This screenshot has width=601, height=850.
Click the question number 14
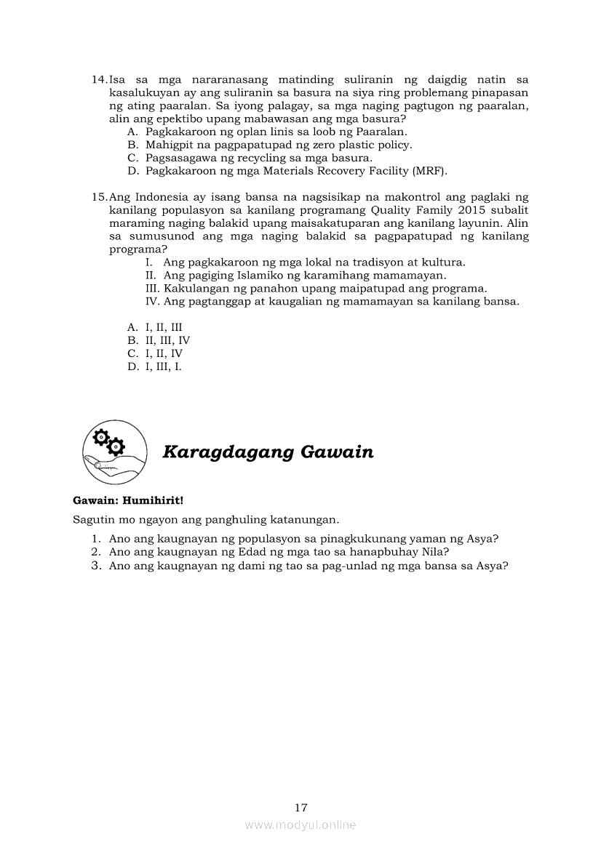tap(99, 79)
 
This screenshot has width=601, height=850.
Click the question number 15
tap(99, 197)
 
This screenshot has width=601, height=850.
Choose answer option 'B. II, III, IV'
tap(159, 340)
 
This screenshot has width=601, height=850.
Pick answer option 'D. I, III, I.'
tap(154, 366)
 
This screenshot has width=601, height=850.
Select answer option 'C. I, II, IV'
tap(155, 353)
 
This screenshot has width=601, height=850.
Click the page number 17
tap(301, 808)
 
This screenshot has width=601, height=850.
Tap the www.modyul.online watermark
tap(300, 825)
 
